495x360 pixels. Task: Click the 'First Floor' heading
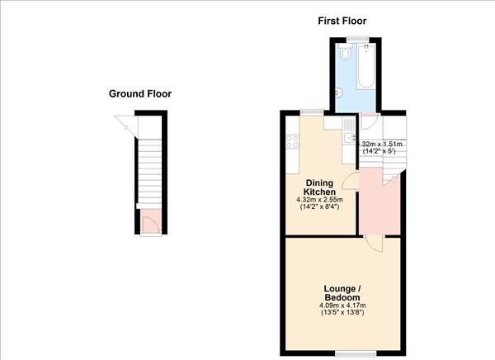coord(342,21)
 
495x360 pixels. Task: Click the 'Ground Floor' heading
coord(140,93)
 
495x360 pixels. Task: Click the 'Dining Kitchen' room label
coord(319,187)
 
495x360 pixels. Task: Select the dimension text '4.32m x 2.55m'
coord(319,200)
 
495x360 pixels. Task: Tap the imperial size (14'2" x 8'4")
coord(319,207)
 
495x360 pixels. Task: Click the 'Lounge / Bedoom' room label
coord(342,292)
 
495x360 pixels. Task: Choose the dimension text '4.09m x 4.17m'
coord(342,306)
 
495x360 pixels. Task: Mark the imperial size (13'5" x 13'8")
coord(342,314)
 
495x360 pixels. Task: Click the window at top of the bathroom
coord(356,40)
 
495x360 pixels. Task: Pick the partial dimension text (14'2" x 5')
coord(379,151)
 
